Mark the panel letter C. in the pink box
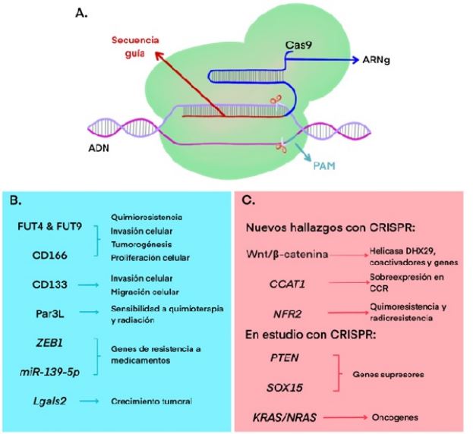coord(248,202)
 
